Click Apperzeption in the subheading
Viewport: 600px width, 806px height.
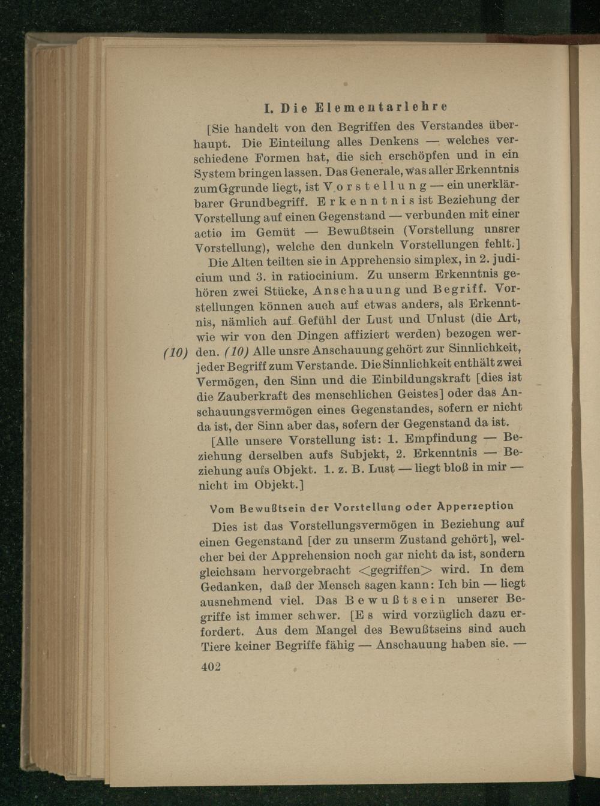(x=476, y=506)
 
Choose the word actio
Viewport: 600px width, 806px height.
(x=212, y=232)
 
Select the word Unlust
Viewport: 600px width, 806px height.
(x=445, y=318)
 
